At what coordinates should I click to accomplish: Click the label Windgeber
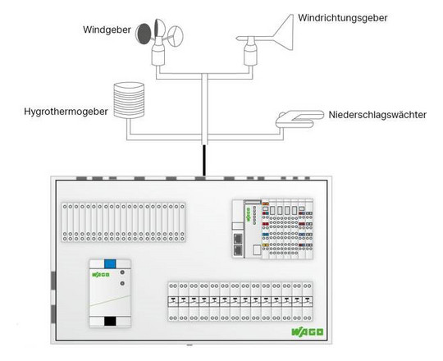107,30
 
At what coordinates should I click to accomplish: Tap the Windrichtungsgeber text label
342,18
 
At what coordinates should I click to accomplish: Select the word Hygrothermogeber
66,112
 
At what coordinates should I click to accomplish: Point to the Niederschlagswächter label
377,115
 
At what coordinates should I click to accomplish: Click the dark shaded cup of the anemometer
144,34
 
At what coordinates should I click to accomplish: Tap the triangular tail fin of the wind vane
284,33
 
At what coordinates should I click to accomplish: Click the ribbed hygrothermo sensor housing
129,100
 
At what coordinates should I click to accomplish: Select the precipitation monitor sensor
299,119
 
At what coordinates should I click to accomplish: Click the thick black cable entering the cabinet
204,161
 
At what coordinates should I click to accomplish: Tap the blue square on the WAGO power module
110,264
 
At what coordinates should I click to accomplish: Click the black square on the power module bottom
110,321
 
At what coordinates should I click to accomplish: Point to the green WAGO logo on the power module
101,275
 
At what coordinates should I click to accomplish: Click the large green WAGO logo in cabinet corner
308,332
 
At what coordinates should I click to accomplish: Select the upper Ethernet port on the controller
238,239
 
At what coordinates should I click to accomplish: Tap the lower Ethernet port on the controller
238,250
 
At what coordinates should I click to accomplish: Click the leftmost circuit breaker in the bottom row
173,302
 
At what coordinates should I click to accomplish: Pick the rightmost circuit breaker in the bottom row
308,302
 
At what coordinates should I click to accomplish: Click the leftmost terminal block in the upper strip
65,222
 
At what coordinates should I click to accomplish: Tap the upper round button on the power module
122,272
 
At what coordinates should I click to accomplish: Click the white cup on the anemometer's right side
176,36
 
